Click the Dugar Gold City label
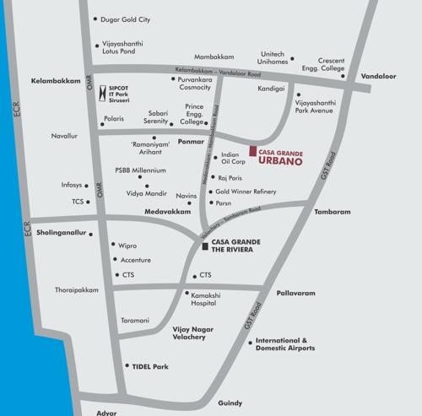coord(125,18)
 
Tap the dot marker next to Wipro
coord(113,245)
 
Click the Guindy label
coord(230,403)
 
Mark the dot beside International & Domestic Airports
coord(251,343)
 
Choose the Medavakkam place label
coord(166,211)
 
